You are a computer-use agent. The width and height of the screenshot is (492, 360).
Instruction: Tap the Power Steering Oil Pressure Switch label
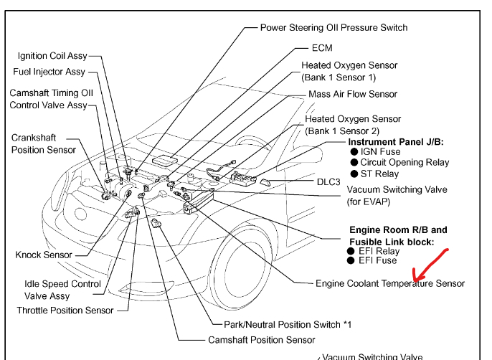(334, 27)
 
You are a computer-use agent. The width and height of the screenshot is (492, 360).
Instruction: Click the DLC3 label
(328, 181)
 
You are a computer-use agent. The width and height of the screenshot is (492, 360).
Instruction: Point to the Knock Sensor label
(44, 255)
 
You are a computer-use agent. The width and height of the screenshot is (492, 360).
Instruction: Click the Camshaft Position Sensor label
(262, 340)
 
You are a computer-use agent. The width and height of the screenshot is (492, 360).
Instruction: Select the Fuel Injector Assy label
(49, 72)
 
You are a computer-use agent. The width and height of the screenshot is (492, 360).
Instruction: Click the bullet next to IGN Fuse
(354, 152)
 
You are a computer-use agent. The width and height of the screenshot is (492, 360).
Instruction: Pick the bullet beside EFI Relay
(351, 251)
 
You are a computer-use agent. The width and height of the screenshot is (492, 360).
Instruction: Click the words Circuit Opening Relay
(405, 163)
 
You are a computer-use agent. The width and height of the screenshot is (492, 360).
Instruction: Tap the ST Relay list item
(379, 174)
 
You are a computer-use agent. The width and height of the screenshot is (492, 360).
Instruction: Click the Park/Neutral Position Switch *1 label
(288, 325)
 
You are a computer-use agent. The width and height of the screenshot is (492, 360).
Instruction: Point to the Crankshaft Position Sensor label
(44, 143)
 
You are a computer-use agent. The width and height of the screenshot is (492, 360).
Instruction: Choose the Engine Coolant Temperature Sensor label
(390, 283)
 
